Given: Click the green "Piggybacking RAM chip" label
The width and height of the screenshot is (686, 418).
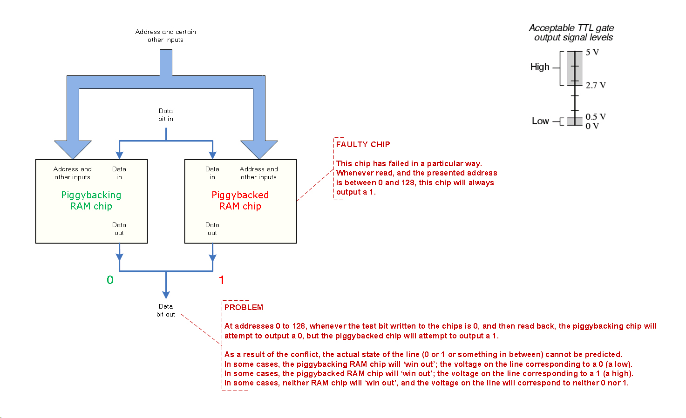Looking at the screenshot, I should tap(91, 201).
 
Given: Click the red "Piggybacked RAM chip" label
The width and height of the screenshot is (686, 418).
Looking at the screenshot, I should tap(240, 201).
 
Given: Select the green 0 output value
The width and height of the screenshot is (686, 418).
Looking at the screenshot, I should tap(110, 280).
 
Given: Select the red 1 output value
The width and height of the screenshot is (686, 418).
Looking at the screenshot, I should tap(222, 280).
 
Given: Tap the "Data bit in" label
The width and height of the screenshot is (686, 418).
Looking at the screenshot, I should tap(166, 115).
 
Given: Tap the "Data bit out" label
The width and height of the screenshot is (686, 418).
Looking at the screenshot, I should tap(166, 310).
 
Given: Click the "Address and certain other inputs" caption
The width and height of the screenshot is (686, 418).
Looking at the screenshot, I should tap(166, 36).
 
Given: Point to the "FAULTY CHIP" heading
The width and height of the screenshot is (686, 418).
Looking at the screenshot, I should tap(363, 144).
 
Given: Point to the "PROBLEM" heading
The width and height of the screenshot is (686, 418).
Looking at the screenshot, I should tap(244, 307).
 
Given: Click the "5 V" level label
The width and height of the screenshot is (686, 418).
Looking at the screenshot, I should tap(592, 52).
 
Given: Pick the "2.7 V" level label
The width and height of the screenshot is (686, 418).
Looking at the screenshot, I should tap(596, 85).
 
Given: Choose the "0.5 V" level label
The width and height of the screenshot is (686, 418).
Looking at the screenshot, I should tap(596, 116).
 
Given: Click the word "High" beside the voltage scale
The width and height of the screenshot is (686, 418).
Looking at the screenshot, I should tap(540, 67).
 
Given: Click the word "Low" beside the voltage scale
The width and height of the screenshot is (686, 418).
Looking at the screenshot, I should tap(540, 121).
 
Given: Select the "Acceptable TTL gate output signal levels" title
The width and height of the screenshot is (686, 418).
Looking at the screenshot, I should tap(572, 33).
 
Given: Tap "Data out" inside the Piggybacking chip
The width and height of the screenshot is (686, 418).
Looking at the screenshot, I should tap(119, 229).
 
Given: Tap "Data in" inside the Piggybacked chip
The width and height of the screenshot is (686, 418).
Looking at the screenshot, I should tap(212, 173).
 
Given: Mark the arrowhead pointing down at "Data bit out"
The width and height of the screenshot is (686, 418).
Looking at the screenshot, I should tap(166, 295).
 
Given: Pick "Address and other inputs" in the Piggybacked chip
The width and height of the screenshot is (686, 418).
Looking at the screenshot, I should tap(259, 173).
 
